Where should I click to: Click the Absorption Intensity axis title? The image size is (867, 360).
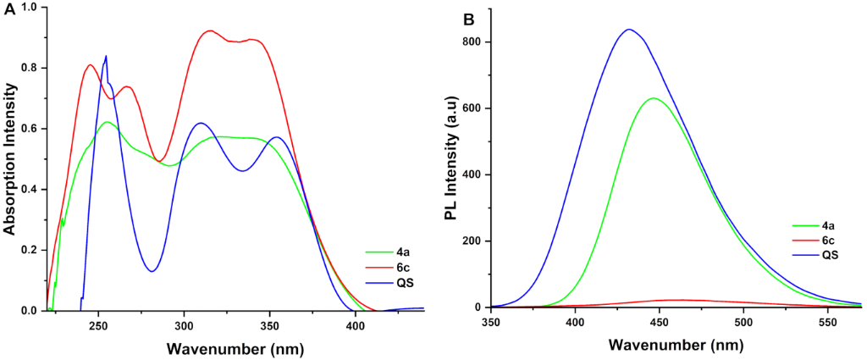click(x=10, y=158)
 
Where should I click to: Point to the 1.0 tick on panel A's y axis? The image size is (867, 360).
click(x=30, y=8)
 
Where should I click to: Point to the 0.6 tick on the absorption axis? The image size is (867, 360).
click(x=30, y=129)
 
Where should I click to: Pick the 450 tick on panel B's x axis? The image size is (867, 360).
click(x=660, y=323)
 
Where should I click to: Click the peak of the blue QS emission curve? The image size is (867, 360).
click(x=628, y=30)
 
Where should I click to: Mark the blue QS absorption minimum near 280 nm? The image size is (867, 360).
click(x=152, y=271)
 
